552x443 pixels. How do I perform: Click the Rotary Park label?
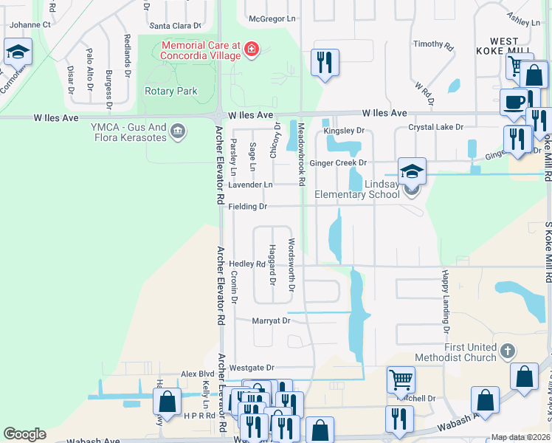pos(171,92)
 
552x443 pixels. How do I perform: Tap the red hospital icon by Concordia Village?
pos(252,49)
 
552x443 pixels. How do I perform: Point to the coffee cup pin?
pos(514,103)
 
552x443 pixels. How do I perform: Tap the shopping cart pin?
pos(401,380)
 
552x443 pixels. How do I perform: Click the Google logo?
pos(24,434)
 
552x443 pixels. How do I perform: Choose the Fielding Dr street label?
pos(247,207)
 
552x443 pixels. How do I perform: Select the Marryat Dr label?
pos(271,320)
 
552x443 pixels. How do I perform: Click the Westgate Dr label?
pos(250,367)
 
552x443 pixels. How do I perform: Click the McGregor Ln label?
pos(272,18)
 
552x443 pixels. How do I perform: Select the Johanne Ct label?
pos(30,24)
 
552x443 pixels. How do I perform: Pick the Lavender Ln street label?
pos(250,185)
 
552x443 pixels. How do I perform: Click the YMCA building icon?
pos(178,131)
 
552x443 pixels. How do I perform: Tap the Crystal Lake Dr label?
pos(436,127)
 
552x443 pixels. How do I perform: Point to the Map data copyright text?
pos(520,437)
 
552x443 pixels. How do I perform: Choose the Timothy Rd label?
pos(428,44)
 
